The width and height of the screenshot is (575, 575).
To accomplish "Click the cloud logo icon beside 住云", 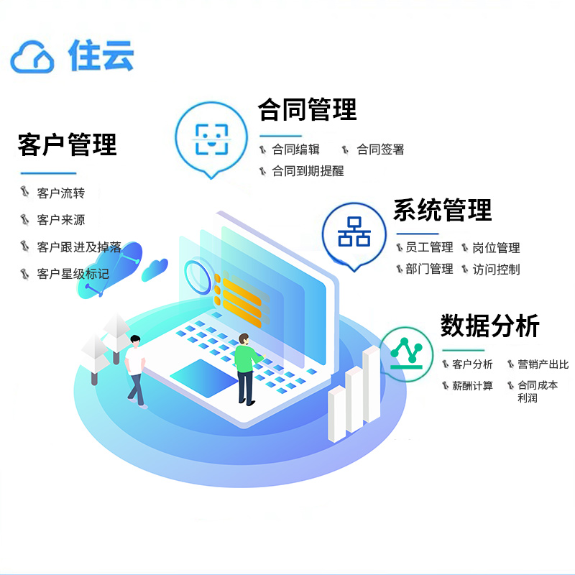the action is click(33, 55).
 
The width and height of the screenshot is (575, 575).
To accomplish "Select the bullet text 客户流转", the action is click(60, 193).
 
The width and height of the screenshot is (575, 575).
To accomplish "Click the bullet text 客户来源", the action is click(60, 220).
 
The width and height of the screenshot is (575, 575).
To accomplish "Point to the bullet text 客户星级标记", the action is click(73, 274).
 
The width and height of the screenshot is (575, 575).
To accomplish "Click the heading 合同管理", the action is click(307, 110).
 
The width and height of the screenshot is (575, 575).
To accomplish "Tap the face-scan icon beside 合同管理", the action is click(212, 139).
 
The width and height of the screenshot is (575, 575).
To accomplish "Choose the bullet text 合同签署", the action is click(380, 149).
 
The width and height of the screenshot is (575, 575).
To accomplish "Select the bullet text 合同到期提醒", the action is click(308, 171).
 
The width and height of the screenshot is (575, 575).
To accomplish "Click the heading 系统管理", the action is click(442, 211).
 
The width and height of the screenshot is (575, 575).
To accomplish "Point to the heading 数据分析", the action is click(490, 326).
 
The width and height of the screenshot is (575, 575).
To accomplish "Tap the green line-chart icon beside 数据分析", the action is click(407, 350).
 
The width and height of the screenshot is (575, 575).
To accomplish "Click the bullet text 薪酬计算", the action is click(472, 386).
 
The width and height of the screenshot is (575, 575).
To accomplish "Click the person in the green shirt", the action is click(245, 367).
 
